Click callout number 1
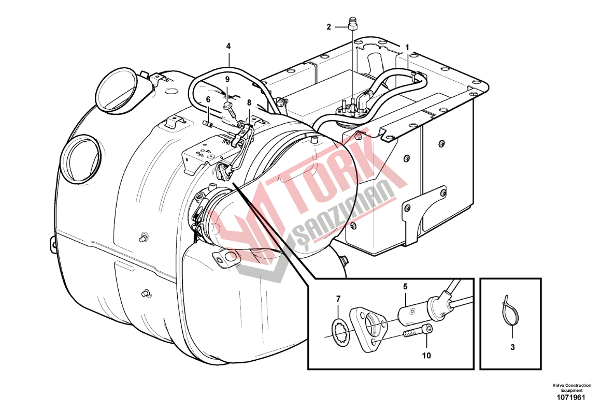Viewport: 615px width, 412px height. click(x=407, y=48)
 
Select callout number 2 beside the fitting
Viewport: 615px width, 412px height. click(x=328, y=27)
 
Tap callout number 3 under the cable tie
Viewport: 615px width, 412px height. click(x=512, y=347)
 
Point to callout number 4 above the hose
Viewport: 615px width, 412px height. click(x=228, y=46)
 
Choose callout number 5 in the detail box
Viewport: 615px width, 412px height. click(x=405, y=287)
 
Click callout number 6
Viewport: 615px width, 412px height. click(x=208, y=99)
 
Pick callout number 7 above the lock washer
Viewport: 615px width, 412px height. click(x=338, y=299)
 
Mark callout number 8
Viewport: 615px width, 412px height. click(x=249, y=102)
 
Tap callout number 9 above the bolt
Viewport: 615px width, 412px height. click(x=227, y=80)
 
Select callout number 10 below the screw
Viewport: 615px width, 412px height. click(x=426, y=356)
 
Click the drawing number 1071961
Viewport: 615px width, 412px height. click(x=571, y=398)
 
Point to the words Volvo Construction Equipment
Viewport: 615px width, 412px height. click(x=571, y=388)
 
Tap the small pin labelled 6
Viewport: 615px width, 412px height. click(x=209, y=124)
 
